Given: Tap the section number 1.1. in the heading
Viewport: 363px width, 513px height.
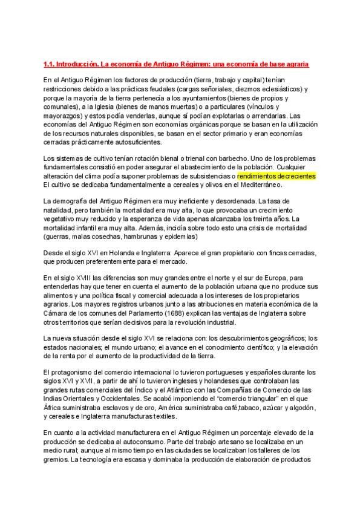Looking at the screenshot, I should tap(50, 63).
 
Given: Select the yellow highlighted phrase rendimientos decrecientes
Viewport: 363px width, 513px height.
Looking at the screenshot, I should tap(276, 175).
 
